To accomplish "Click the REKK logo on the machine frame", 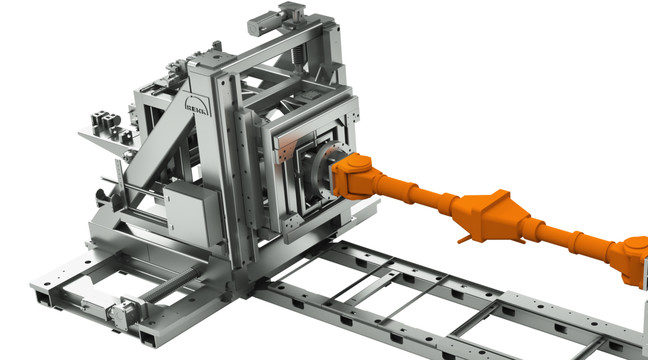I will tap(197, 106).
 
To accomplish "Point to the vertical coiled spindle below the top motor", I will tap(297, 56).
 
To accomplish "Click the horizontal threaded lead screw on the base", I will tap(171, 285).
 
